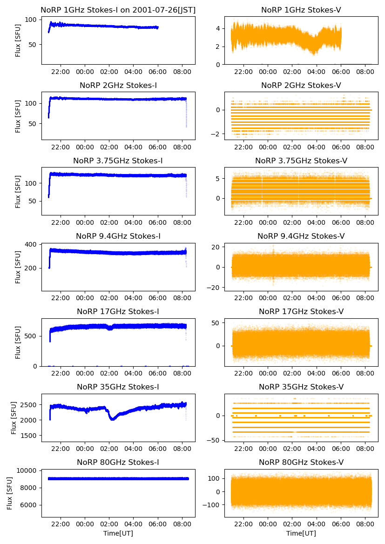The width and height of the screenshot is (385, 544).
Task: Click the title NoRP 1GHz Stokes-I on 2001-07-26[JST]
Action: (118, 10)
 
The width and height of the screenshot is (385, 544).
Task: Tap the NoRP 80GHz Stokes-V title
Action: (301, 462)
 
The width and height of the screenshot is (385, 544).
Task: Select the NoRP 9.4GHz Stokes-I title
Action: (118, 236)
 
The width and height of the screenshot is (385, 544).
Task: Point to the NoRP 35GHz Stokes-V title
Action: (301, 387)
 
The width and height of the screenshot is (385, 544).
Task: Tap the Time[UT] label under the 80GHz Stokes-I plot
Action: (118, 533)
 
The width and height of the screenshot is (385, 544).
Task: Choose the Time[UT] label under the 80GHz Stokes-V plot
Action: (301, 533)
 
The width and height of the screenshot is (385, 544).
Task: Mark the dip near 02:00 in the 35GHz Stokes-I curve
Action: (113, 418)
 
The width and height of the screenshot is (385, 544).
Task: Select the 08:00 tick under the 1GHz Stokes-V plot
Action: (365, 72)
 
